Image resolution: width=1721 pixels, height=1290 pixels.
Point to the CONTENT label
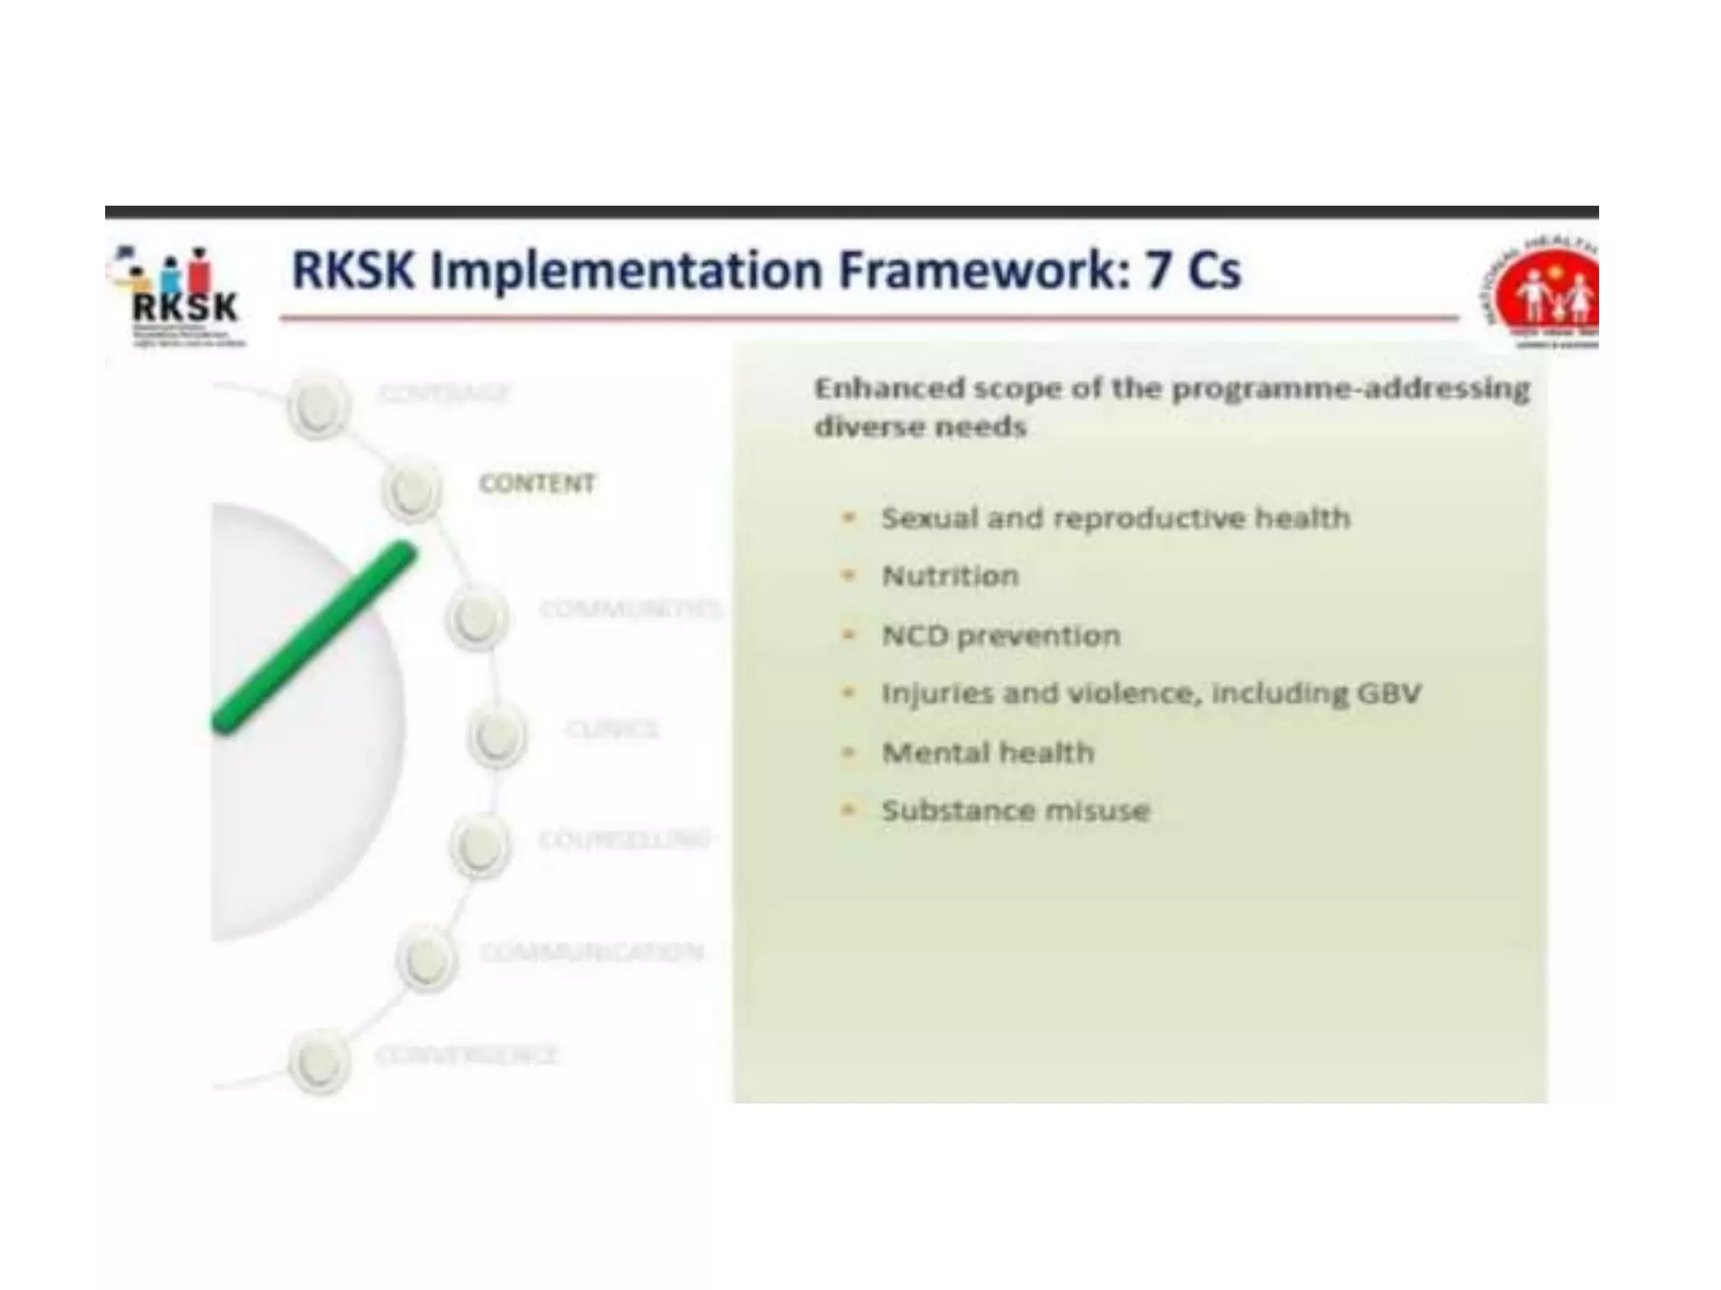coord(537,483)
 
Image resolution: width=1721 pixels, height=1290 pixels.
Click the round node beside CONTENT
coord(411,490)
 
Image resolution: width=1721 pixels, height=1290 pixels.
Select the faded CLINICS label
coord(612,728)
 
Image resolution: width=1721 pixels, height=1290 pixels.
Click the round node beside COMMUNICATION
coord(426,957)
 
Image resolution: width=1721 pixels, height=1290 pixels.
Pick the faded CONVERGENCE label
coord(466,1054)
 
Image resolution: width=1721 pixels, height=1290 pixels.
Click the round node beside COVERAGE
coord(318,407)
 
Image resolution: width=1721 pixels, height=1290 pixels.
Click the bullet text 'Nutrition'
coord(950,577)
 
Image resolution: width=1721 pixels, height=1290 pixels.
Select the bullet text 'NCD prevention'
coord(1000,635)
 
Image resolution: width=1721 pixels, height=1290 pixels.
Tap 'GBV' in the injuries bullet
coord(1388,693)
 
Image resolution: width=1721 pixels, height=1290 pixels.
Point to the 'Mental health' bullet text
coord(987,752)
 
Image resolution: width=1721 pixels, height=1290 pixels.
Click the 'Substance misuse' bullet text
coord(1015,810)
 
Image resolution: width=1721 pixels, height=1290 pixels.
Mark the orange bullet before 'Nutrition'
coord(849,576)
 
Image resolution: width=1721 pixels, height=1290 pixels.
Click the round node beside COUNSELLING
coord(480,845)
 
